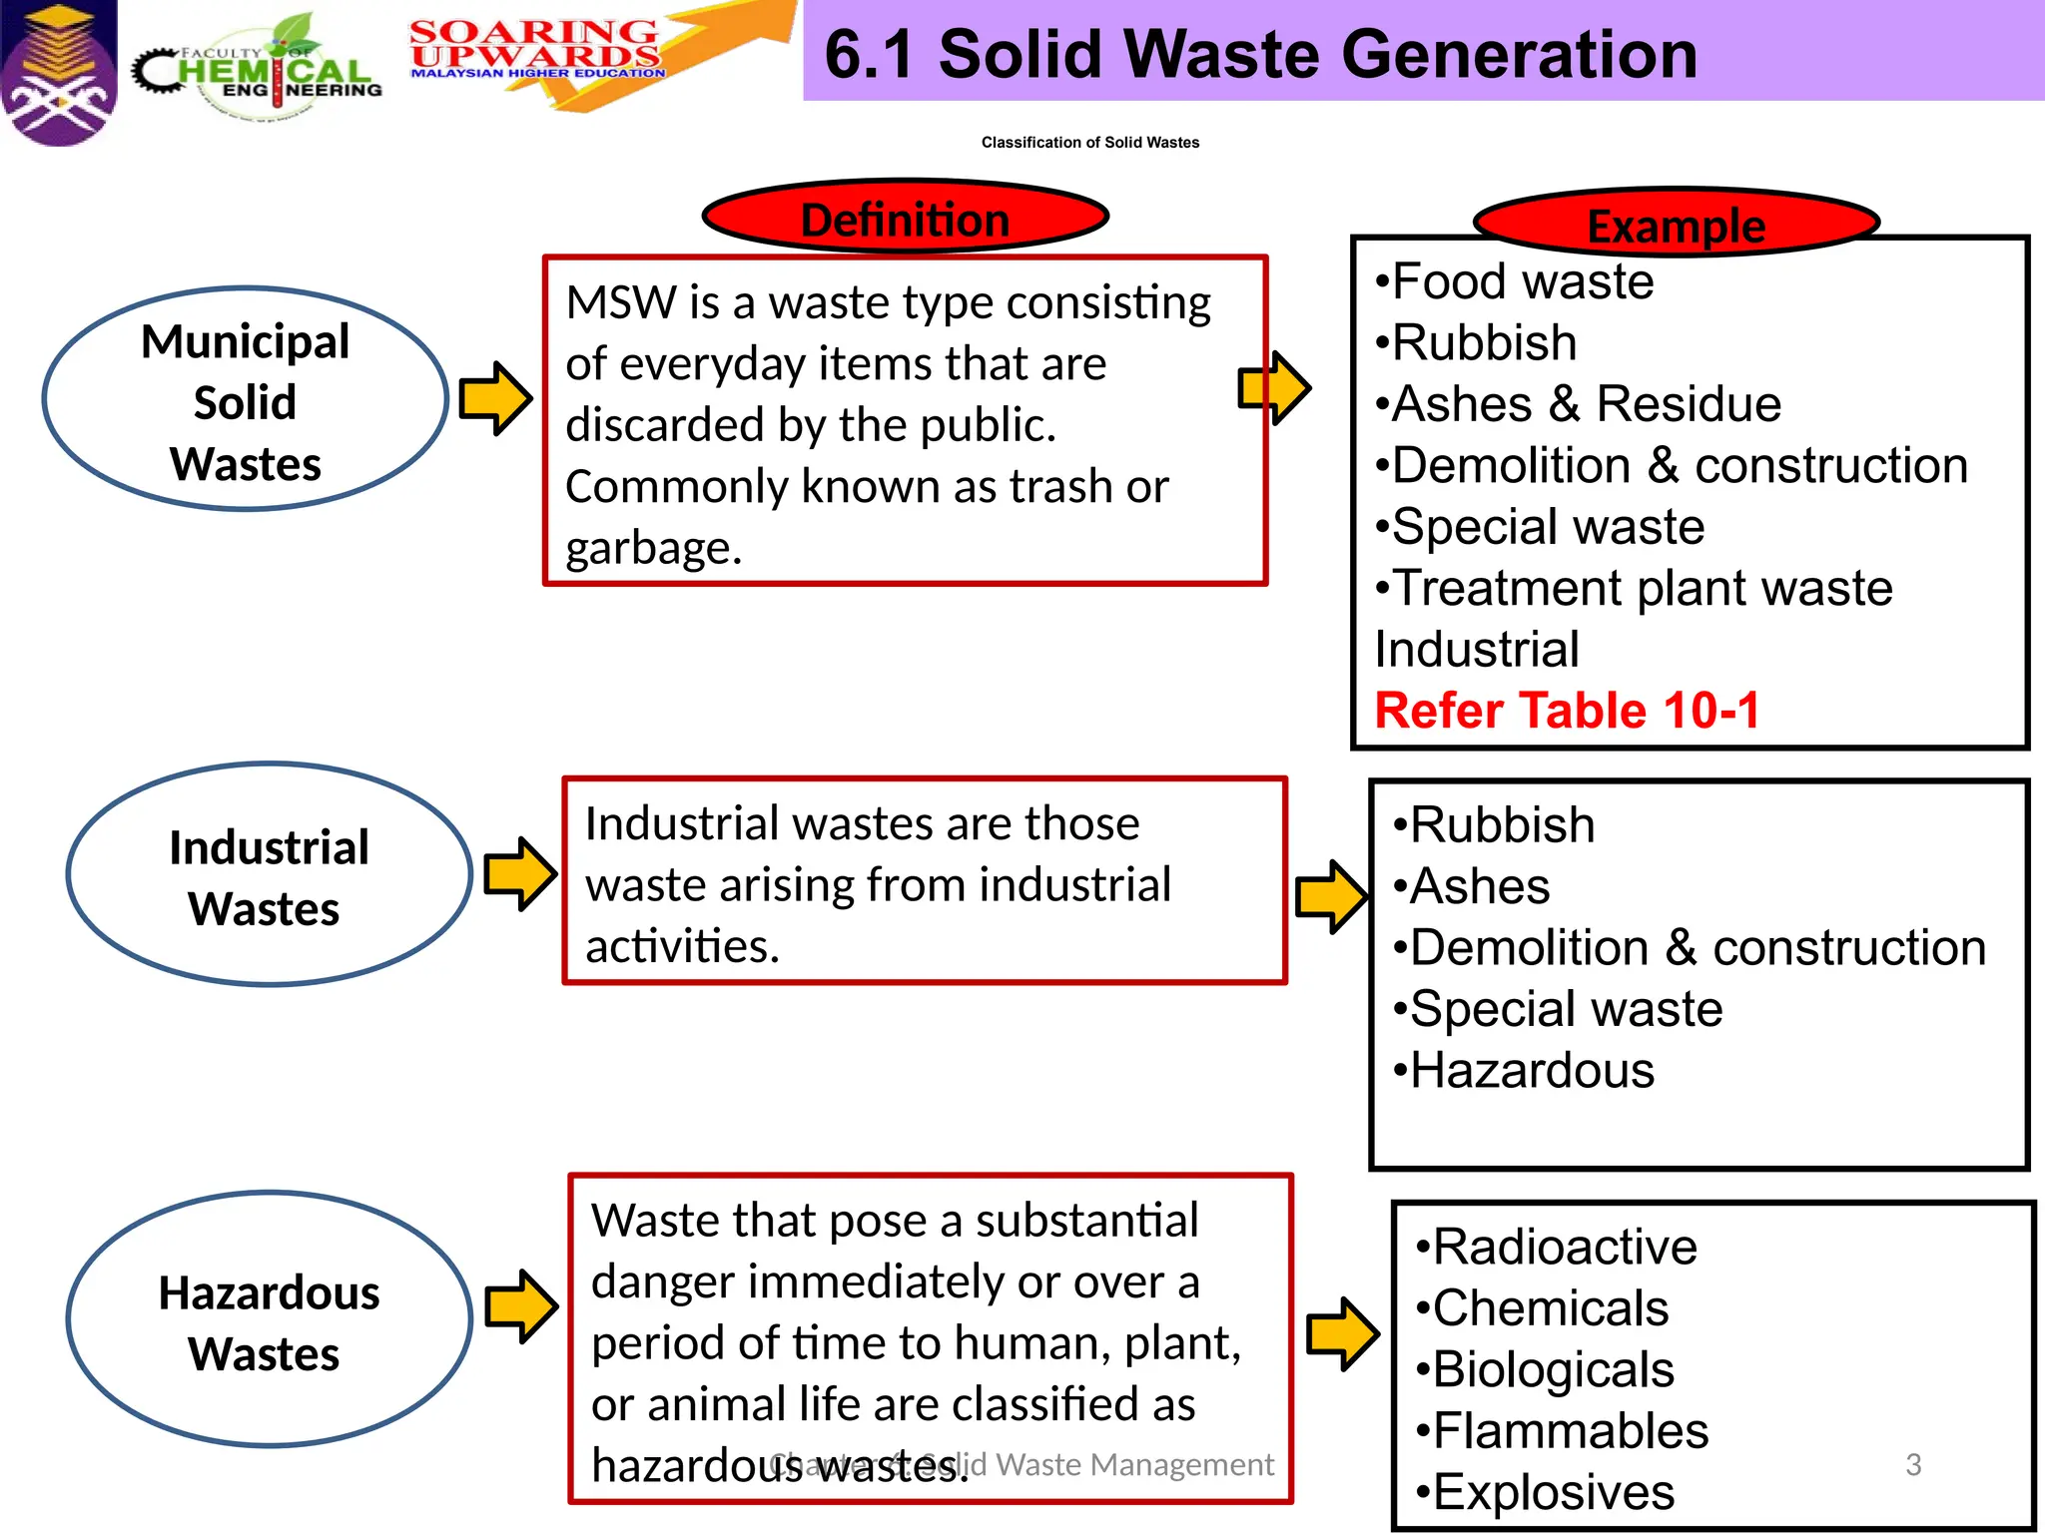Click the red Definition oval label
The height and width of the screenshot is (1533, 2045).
[906, 217]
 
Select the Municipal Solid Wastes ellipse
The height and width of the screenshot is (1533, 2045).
[246, 400]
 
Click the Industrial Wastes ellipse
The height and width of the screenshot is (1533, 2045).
[269, 875]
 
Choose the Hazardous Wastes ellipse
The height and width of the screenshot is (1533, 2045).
[269, 1320]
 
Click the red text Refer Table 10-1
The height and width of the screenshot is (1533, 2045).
[1567, 711]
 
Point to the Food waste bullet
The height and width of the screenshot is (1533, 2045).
[1515, 282]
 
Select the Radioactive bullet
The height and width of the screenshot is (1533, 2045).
[1557, 1248]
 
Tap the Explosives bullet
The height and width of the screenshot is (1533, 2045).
[1546, 1493]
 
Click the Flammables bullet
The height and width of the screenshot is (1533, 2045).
[1563, 1431]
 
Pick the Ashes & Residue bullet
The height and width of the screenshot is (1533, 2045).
[1579, 405]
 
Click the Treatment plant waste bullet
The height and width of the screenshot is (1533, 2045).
[1635, 589]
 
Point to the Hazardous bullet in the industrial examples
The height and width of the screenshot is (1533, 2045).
[1524, 1071]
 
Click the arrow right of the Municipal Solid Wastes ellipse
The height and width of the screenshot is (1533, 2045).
[495, 399]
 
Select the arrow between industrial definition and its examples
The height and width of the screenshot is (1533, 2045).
[1330, 896]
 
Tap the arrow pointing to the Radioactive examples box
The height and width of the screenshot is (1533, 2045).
[1343, 1333]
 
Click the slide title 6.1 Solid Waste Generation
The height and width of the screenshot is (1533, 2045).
[1260, 54]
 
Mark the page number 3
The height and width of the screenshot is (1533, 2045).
[1913, 1464]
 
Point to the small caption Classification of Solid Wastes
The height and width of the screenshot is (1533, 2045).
[1090, 143]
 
